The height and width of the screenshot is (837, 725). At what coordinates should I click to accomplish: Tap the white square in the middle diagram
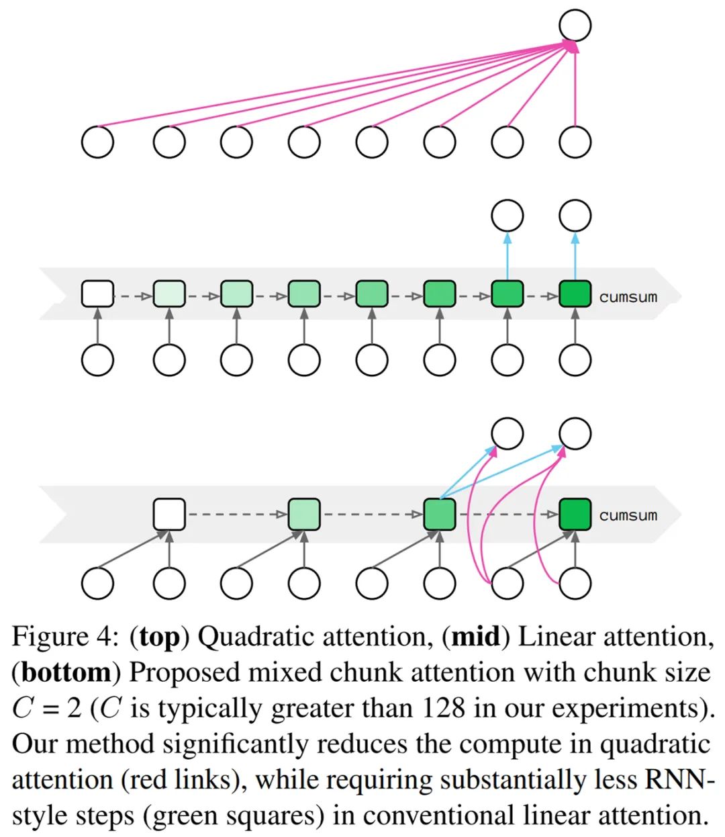point(97,294)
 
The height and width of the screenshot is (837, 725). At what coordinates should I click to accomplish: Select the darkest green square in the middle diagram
point(575,294)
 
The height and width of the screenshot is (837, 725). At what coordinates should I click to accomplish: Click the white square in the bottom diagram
point(169,514)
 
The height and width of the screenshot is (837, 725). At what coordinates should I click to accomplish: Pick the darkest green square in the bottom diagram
point(575,514)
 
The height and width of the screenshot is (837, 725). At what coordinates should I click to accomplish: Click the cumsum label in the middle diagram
point(628,297)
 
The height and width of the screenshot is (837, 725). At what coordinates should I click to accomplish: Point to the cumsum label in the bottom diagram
point(628,516)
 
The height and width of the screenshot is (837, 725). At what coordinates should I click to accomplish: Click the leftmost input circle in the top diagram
point(97,142)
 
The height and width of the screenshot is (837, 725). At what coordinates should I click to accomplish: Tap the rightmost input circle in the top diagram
point(575,142)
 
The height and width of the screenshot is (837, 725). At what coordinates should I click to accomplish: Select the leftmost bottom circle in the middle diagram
point(97,360)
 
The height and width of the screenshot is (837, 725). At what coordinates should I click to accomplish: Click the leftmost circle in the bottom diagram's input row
point(97,583)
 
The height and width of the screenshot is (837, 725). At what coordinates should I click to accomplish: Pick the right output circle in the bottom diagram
point(575,433)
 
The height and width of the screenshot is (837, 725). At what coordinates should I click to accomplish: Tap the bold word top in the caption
point(160,637)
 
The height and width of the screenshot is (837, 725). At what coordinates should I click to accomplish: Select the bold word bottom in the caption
point(66,672)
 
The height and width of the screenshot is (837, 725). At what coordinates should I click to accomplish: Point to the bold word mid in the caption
point(475,636)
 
